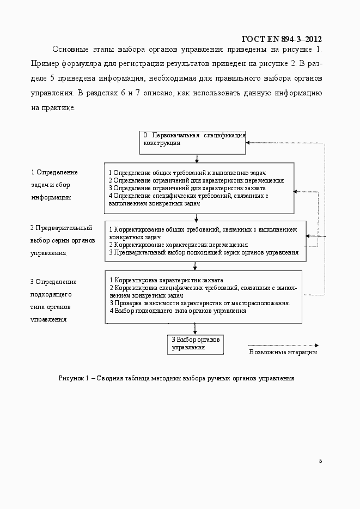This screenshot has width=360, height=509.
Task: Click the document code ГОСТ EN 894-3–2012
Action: click(280, 39)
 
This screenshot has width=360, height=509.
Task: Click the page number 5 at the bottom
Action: click(320, 461)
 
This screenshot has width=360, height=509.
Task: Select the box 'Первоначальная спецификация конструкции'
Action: click(194, 138)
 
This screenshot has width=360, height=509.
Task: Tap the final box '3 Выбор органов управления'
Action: click(196, 343)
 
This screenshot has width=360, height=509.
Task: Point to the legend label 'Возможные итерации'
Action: click(283, 352)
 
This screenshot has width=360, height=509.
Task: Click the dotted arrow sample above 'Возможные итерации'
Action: click(283, 345)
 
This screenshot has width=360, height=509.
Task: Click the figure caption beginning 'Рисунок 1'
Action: click(176, 378)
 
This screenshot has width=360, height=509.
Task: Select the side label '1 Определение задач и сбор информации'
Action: click(54, 185)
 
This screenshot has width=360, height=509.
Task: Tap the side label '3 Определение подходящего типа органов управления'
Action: click(53, 300)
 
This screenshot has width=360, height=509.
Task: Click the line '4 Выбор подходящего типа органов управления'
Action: click(178, 311)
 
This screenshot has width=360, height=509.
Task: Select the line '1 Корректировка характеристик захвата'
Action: click(166, 280)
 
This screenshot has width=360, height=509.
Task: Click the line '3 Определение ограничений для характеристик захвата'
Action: click(187, 188)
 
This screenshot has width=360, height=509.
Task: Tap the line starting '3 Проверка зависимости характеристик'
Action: click(199, 303)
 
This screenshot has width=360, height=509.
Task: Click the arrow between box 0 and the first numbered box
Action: click(196, 158)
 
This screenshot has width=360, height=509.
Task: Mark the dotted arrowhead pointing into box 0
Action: click(248, 143)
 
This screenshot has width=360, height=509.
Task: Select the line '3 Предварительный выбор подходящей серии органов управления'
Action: click(204, 252)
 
